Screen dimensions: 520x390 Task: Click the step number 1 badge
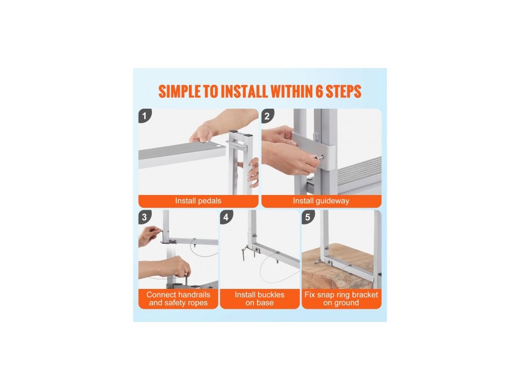pyautogui.click(x=145, y=116)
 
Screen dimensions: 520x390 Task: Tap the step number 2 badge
pyautogui.click(x=267, y=116)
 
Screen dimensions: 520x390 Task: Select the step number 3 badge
pyautogui.click(x=145, y=217)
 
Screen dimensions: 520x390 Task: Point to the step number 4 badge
pyautogui.click(x=226, y=217)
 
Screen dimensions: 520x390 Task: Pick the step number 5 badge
pyautogui.click(x=308, y=217)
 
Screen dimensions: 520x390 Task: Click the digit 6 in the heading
pyautogui.click(x=319, y=91)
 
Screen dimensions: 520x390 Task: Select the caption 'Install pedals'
pyautogui.click(x=198, y=201)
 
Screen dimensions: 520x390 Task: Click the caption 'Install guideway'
pyautogui.click(x=321, y=201)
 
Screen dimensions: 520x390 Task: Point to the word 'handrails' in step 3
pyautogui.click(x=194, y=295)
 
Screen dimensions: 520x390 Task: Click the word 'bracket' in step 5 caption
pyautogui.click(x=365, y=295)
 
